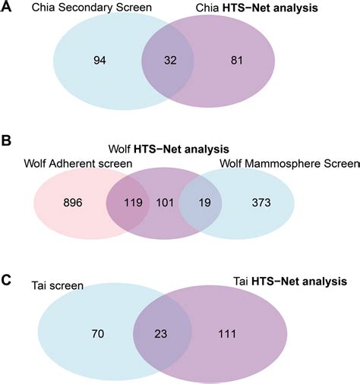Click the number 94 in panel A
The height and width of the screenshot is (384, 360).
point(99,60)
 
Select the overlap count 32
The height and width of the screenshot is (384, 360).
point(170,60)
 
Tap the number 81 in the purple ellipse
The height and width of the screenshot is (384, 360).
point(236,60)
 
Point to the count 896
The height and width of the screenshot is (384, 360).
point(73,203)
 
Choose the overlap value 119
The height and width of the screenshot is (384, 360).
point(133,203)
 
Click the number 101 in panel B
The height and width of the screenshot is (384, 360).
point(165,203)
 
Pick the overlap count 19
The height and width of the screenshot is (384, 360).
point(204,203)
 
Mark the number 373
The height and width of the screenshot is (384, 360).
point(261,203)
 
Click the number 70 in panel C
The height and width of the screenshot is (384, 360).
point(98,334)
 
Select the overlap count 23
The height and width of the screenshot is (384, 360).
point(161,334)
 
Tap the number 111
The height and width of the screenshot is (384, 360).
point(227,334)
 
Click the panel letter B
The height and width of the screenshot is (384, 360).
point(6,140)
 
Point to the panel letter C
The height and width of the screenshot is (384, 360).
point(6,280)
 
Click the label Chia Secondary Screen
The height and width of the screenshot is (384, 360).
point(92,8)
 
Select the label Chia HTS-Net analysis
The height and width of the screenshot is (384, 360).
point(257,8)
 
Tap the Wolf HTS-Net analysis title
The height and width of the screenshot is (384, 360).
point(169,149)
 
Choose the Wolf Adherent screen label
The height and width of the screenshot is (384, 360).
point(78,163)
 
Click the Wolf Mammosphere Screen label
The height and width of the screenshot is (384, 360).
point(289,163)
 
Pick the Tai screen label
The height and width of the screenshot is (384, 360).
point(58,285)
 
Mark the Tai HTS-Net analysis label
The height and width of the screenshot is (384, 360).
point(290,282)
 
